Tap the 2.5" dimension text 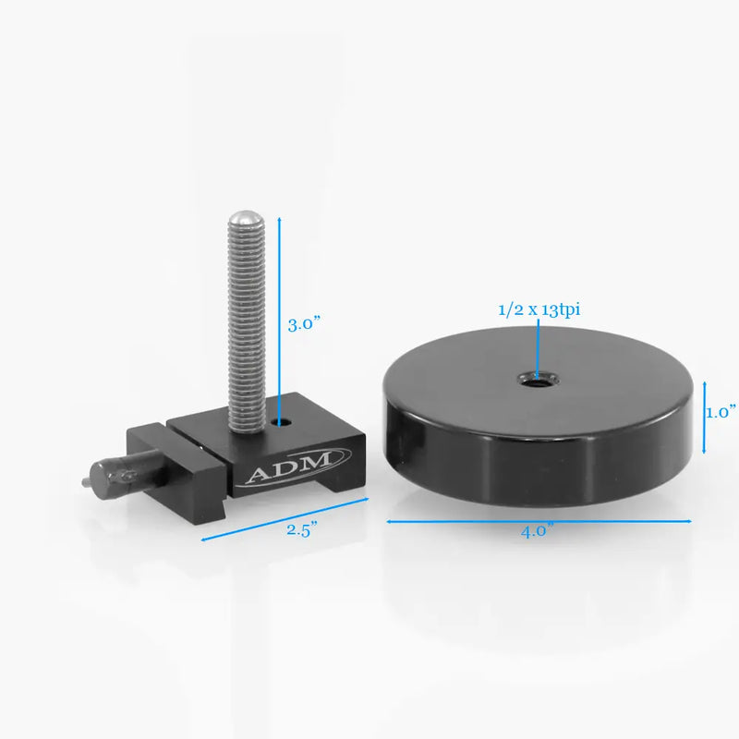click(301, 529)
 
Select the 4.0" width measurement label click(537, 530)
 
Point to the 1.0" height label click(721, 412)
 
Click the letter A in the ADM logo click(258, 475)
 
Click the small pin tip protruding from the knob click(88, 480)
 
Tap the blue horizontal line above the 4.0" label click(539, 522)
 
